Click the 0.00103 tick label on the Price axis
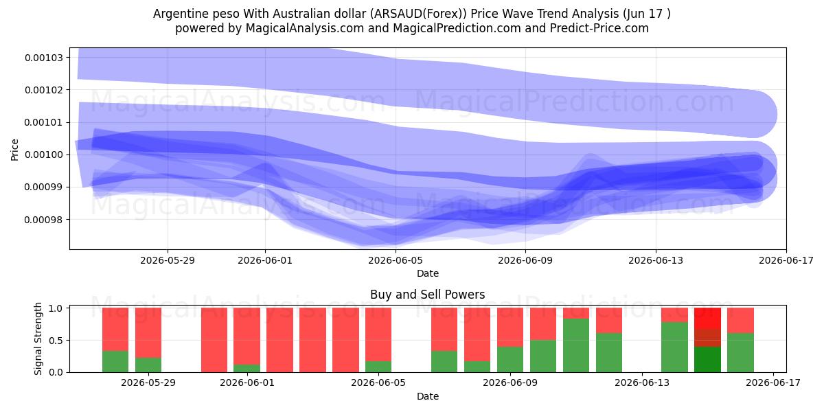point(44,58)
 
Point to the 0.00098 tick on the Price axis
point(44,220)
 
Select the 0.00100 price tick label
point(44,155)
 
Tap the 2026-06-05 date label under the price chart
point(396,260)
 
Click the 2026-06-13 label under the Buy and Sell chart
point(642,382)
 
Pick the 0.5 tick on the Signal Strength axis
point(56,341)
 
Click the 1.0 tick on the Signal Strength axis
point(56,308)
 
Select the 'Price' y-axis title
point(14,150)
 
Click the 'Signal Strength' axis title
point(38,339)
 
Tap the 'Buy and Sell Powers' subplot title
point(427,295)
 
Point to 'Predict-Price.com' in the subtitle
point(599,28)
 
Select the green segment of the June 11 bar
point(576,345)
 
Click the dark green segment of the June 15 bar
point(707,359)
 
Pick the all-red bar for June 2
point(280,340)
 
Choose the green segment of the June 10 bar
point(543,356)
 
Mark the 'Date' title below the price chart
point(427,273)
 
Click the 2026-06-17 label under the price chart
point(786,260)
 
